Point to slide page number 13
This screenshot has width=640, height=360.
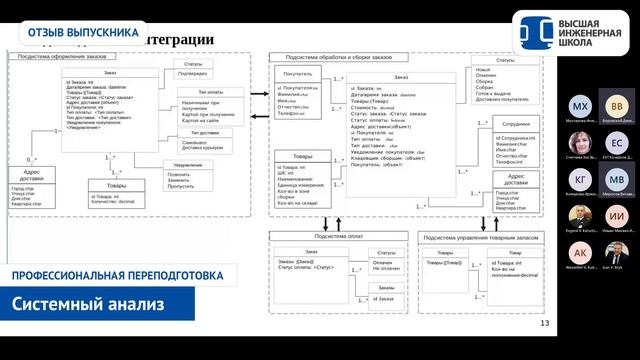coord(544,323)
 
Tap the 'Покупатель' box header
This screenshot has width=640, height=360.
coord(299,74)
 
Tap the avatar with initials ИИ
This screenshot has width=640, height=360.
coord(617,217)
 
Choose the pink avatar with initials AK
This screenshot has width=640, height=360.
coord(580,253)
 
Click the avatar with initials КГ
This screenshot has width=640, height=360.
coord(580,180)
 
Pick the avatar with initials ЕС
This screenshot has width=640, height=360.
coord(617,143)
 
